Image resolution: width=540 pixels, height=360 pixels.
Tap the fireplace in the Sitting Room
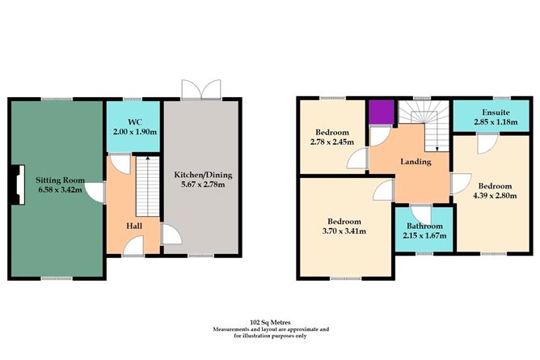pyautogui.click(x=16, y=184)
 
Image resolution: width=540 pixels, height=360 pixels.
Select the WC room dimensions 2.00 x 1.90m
pyautogui.click(x=133, y=130)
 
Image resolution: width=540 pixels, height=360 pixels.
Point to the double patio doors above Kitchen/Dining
pyautogui.click(x=200, y=89)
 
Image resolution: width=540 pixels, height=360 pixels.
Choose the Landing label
pyautogui.click(x=416, y=162)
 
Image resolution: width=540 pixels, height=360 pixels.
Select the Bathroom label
pyautogui.click(x=424, y=226)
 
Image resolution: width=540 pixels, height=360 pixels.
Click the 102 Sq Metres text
pyautogui.click(x=272, y=321)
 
